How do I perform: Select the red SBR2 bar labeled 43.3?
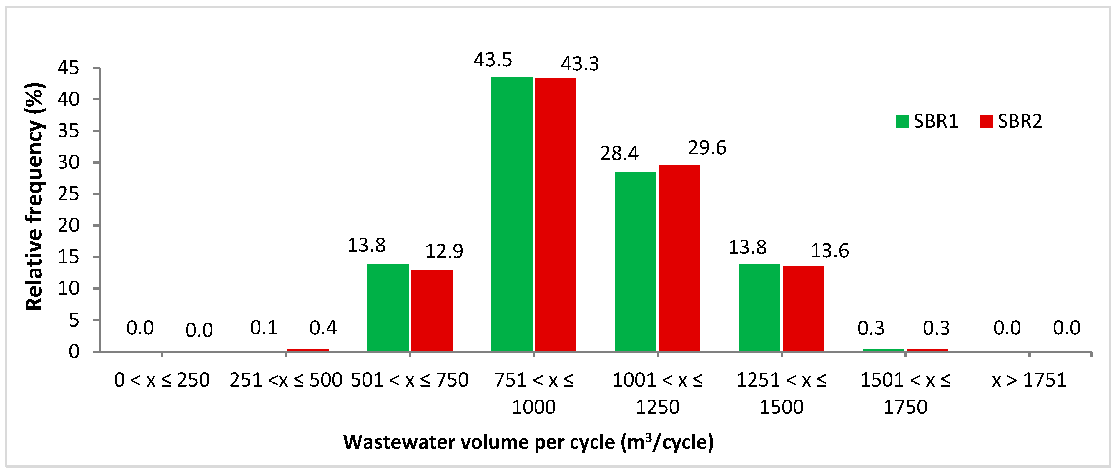(556, 215)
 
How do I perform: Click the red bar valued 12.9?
(432, 311)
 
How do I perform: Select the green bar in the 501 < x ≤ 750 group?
(388, 308)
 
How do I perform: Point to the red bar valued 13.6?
(803, 309)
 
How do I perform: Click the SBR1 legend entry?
(927, 121)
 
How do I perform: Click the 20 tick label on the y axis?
(69, 226)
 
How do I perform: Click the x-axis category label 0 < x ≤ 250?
(162, 380)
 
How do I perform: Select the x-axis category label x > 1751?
(1029, 380)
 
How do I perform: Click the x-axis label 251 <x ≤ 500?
(286, 380)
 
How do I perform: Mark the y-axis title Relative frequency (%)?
(35, 196)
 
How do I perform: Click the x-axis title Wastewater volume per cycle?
(528, 442)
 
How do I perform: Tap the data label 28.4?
(619, 153)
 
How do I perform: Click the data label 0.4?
(323, 328)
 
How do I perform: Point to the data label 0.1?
(264, 328)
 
